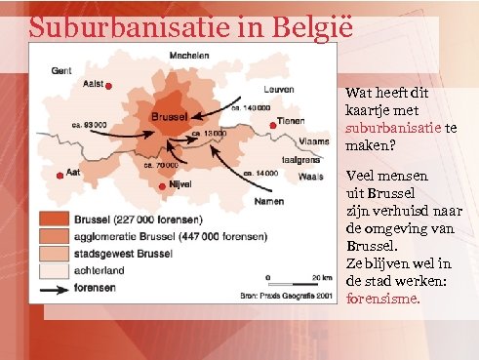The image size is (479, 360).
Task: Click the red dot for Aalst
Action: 109,87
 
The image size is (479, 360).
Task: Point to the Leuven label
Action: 278,89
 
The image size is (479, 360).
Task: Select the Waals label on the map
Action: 310,177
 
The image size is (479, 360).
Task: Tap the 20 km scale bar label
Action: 313,276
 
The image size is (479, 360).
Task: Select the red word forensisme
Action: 383,300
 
